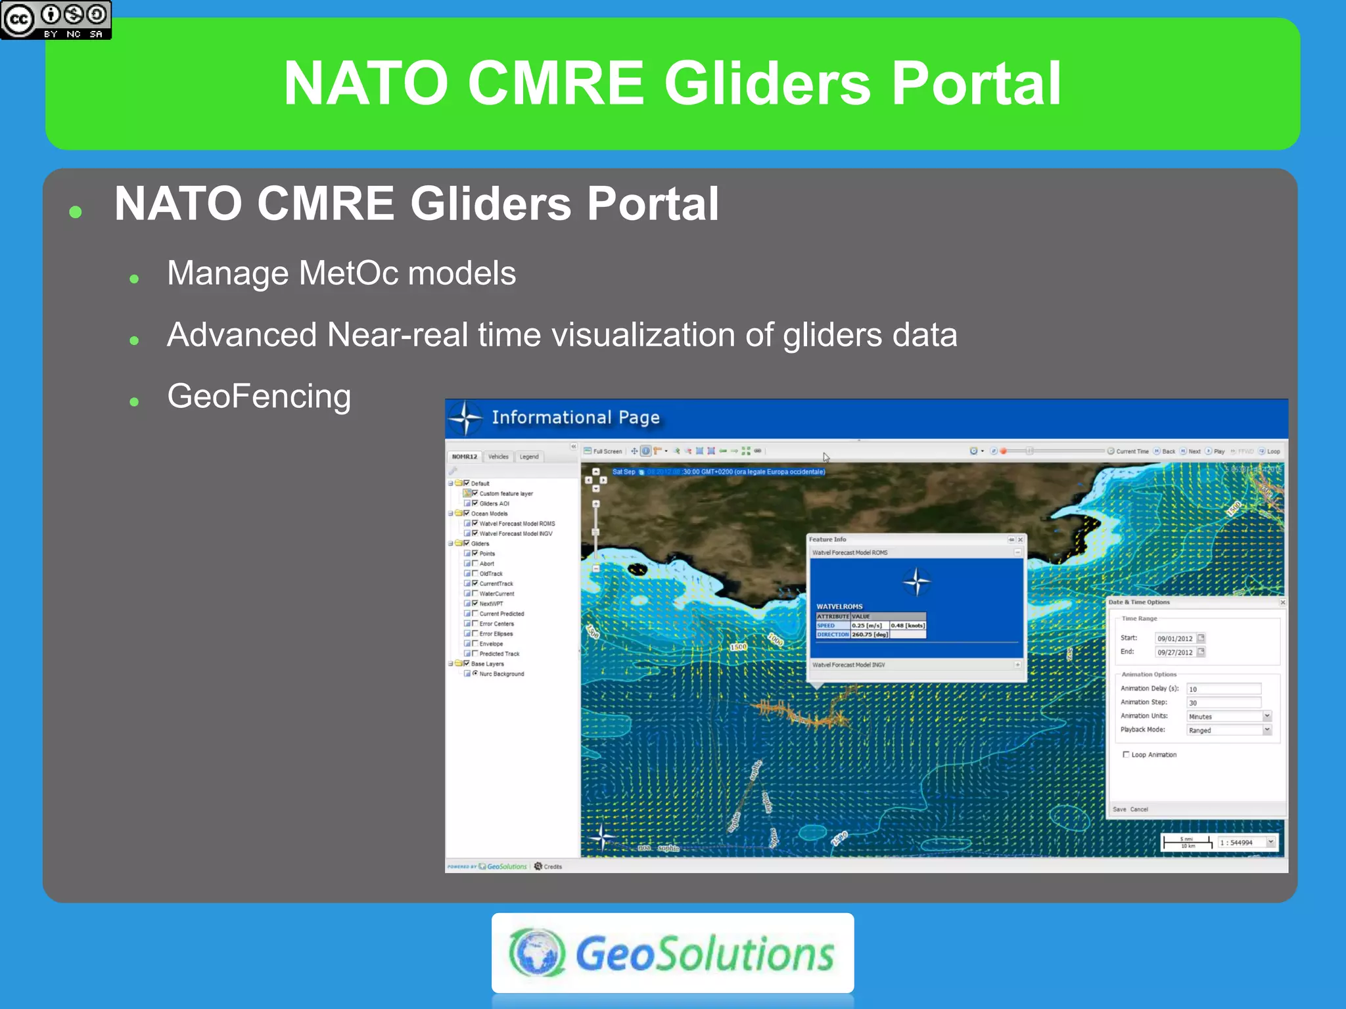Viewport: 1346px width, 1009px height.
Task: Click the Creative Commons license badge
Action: (x=56, y=20)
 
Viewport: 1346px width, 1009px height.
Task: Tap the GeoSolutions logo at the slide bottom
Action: (x=672, y=953)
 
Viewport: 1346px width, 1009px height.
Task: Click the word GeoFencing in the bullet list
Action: (x=259, y=397)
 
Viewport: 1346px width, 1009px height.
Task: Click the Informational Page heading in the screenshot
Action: (x=575, y=418)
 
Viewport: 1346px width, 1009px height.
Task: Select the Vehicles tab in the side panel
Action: (x=498, y=457)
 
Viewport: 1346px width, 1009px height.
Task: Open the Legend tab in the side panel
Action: (x=529, y=457)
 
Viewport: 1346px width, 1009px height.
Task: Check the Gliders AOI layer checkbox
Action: (x=475, y=503)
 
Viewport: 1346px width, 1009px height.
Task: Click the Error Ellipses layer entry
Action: (x=496, y=634)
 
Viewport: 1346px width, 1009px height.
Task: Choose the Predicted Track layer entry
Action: (x=499, y=654)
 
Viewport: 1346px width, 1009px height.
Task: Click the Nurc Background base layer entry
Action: (x=501, y=674)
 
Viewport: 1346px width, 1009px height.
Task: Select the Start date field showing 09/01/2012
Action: (x=1175, y=639)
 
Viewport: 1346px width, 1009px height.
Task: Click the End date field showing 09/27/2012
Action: (x=1175, y=652)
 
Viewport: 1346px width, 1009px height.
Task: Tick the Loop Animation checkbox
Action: (x=1126, y=755)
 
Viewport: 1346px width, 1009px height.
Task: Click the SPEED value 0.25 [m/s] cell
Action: (x=869, y=626)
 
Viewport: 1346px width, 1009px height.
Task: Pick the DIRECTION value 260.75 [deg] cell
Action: (x=870, y=635)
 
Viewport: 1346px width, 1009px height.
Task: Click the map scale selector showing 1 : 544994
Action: (x=1246, y=843)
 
